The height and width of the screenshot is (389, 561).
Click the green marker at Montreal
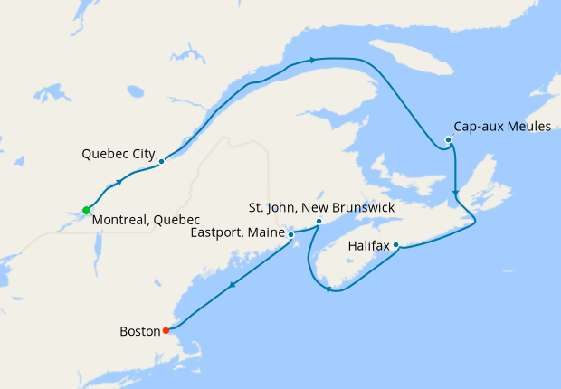86,211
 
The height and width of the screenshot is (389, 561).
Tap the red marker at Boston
165,330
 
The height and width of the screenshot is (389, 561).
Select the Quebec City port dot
161,162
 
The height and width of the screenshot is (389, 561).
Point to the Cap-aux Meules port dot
449,139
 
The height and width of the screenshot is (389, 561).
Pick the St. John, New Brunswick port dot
319,222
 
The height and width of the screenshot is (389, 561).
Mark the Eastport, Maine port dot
290,234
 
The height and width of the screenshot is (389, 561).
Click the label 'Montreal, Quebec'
146,220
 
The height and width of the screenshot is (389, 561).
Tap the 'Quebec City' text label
119,153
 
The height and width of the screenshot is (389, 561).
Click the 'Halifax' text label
368,245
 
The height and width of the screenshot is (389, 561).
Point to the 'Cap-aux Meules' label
501,127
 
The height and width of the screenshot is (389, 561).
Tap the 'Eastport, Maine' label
237,233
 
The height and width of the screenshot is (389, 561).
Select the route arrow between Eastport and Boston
232,286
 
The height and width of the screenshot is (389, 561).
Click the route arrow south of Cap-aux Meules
454,191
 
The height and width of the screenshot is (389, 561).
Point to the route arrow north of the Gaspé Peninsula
312,60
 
